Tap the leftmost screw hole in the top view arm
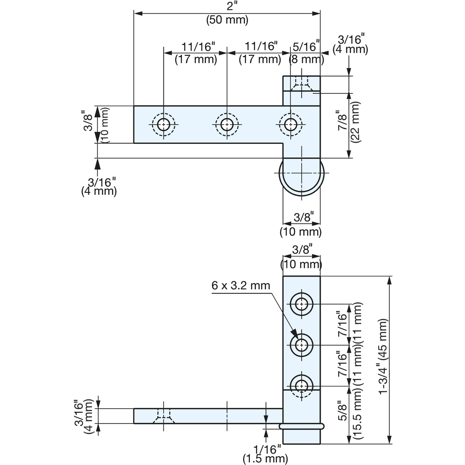(x=163, y=125)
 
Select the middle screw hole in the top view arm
(x=227, y=125)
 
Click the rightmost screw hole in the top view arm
(x=290, y=125)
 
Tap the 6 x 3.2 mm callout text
(x=241, y=286)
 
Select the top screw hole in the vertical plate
(x=302, y=304)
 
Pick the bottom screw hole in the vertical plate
(x=302, y=385)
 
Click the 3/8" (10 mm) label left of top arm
(x=95, y=124)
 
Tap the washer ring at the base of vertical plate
(x=302, y=426)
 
